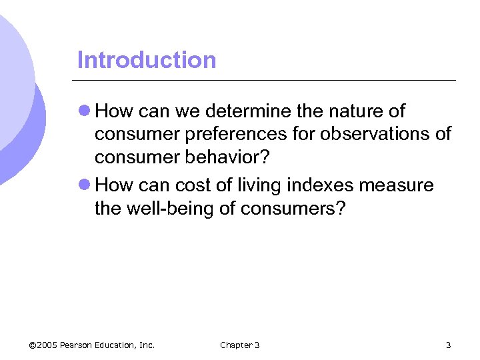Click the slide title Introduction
point(147,60)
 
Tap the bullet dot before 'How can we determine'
point(84,110)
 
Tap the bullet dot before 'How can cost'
point(84,185)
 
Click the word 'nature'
point(341,110)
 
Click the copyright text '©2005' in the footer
point(43,345)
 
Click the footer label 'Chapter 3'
point(240,345)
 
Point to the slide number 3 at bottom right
point(448,345)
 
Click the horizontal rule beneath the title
point(267,81)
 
